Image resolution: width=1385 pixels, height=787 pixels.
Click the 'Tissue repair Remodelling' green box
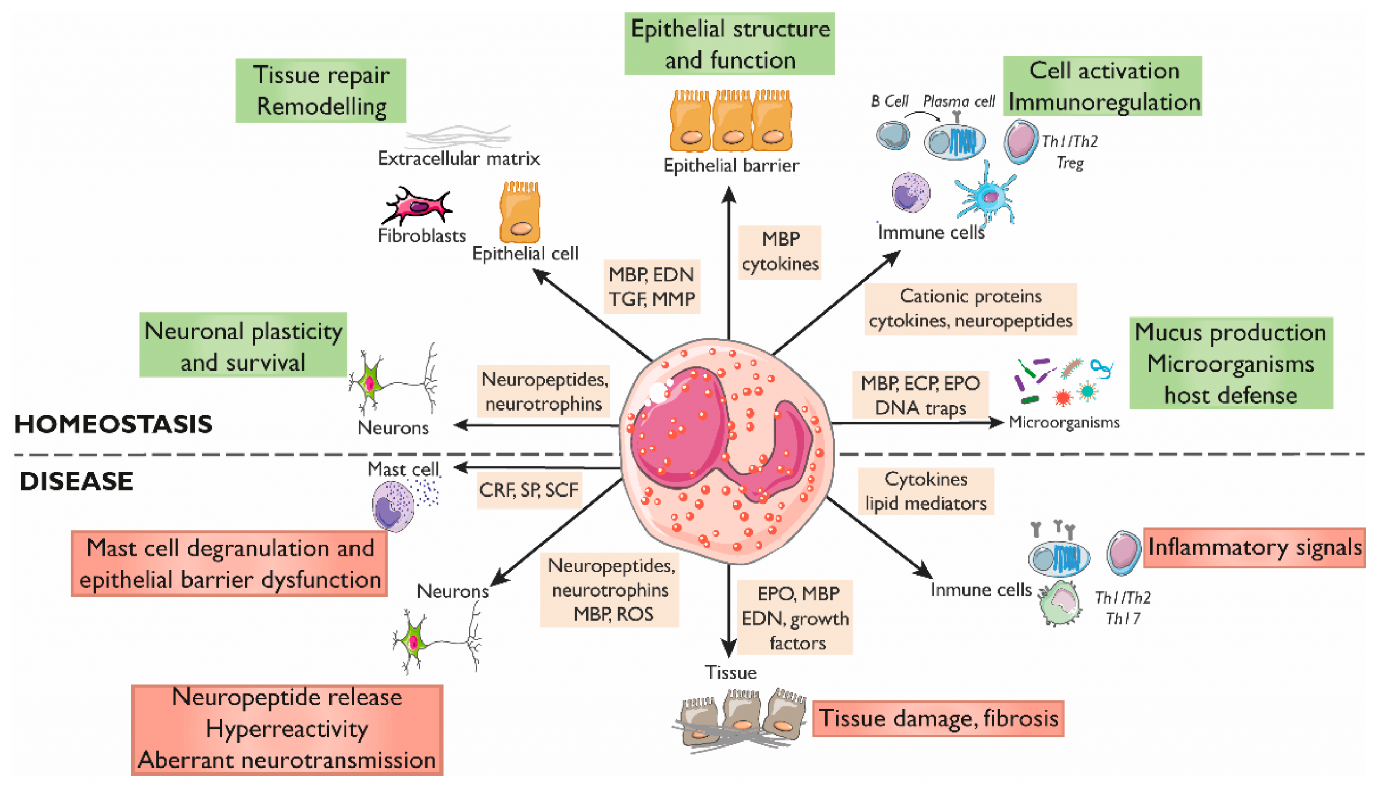[x=320, y=90]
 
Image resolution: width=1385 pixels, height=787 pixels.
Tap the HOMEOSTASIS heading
[x=113, y=424]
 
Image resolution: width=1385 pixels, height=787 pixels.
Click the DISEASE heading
[x=76, y=481]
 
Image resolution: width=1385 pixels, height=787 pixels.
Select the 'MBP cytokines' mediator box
[x=780, y=252]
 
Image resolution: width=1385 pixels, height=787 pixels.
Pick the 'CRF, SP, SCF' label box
[x=528, y=490]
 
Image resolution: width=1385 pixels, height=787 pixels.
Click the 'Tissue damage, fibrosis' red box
[x=938, y=718]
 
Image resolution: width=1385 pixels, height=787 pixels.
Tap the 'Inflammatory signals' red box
[x=1254, y=547]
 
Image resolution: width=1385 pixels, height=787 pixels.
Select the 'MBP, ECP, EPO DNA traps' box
[x=920, y=395]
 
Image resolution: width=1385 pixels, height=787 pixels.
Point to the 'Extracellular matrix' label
[x=458, y=158]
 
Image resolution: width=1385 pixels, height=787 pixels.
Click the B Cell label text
[x=889, y=101]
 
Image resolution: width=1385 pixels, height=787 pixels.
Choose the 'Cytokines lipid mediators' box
[x=925, y=491]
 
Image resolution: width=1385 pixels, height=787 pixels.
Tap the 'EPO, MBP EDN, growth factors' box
[x=795, y=618]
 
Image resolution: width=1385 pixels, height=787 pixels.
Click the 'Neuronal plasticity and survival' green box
[x=243, y=345]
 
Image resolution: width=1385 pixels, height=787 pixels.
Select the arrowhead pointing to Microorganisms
[x=997, y=422]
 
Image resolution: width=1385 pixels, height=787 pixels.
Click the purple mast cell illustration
[x=393, y=505]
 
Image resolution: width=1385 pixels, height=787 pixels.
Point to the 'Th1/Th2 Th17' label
[x=1122, y=607]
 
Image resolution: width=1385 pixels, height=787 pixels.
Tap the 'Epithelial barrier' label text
[x=730, y=166]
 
